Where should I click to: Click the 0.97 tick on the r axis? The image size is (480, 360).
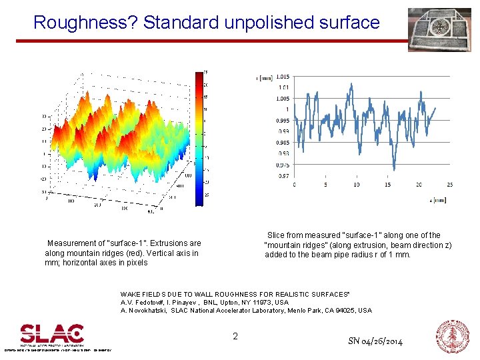284,176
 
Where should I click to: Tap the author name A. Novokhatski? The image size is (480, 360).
143,311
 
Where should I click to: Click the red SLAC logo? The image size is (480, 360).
52,335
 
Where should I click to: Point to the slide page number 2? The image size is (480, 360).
235,337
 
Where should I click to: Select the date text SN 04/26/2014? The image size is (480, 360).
375,341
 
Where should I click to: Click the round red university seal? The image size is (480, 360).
452,336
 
